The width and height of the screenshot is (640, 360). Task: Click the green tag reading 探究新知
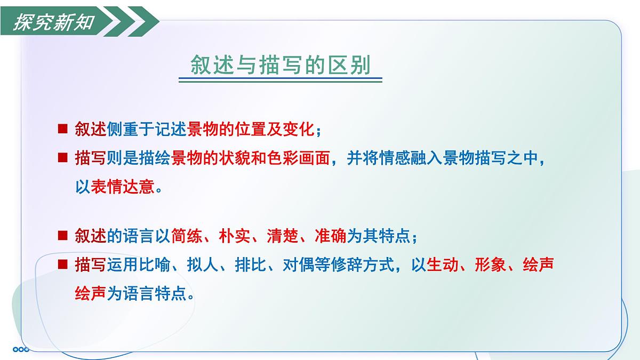tap(53, 23)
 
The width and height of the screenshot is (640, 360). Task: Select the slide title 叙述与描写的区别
tap(280, 65)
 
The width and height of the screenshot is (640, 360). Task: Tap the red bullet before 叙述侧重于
tap(62, 129)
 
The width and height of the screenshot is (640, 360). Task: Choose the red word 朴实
tap(235, 236)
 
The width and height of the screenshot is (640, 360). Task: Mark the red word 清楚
tap(283, 236)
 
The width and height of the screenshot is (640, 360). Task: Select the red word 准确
tap(331, 236)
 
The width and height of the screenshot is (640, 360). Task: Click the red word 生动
tap(443, 265)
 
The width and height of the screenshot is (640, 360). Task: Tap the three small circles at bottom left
tap(21, 350)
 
